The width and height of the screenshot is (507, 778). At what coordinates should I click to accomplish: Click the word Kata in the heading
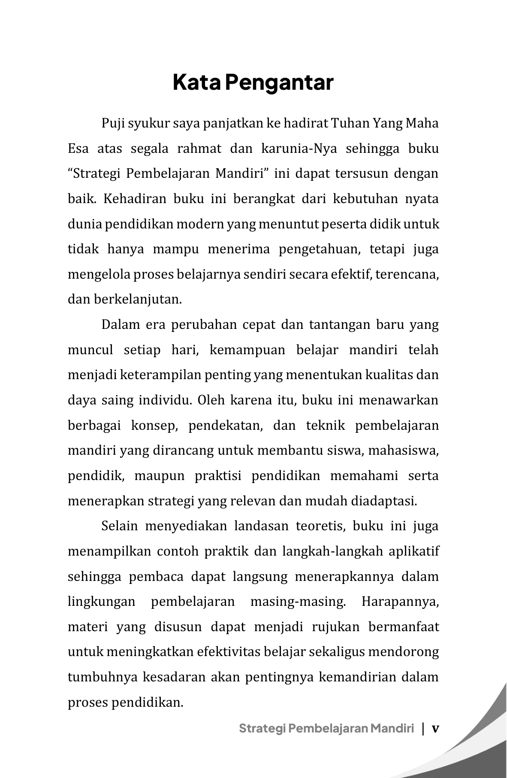(x=197, y=82)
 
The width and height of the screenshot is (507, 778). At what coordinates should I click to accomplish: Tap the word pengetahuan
(x=320, y=249)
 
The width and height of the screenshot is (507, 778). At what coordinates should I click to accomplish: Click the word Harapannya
(x=400, y=602)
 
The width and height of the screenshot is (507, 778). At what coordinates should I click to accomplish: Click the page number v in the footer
(x=435, y=729)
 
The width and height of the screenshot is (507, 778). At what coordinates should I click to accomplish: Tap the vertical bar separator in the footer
(x=423, y=729)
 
